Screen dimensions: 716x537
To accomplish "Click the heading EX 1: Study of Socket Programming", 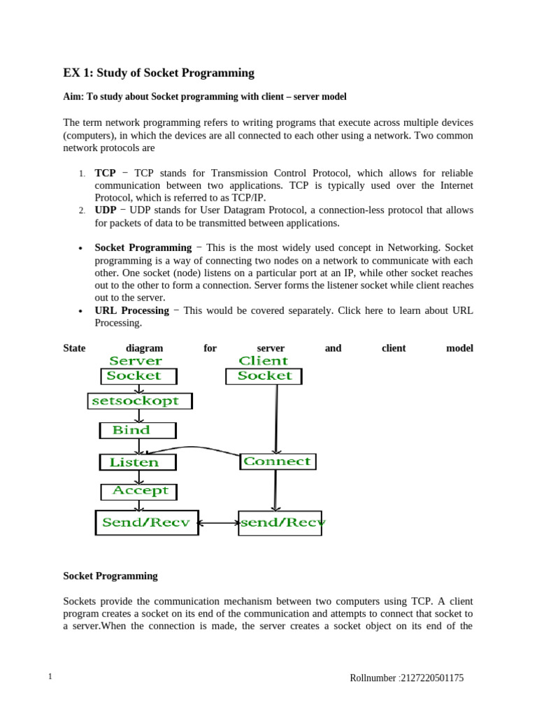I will click(x=159, y=73).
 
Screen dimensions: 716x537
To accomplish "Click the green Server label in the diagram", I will click(x=136, y=361).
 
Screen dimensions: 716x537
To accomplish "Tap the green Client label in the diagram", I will click(x=263, y=361).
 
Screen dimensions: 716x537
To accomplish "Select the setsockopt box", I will click(x=140, y=401).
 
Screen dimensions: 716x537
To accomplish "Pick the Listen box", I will click(x=138, y=462).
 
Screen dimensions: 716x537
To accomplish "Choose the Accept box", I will click(x=139, y=491).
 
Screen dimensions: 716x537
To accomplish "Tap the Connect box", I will click(x=278, y=461).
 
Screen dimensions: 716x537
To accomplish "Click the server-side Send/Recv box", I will click(x=146, y=522).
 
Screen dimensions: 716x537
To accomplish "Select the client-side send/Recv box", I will click(x=280, y=522).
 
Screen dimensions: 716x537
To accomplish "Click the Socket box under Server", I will click(x=138, y=376).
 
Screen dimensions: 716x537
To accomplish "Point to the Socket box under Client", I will click(x=264, y=376).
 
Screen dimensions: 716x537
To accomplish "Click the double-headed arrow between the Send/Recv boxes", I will click(x=218, y=522).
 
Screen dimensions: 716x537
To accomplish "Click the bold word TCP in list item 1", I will click(x=105, y=173).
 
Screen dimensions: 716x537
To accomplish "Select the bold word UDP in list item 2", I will click(x=106, y=210).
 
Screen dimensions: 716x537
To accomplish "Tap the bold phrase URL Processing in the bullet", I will click(x=131, y=310).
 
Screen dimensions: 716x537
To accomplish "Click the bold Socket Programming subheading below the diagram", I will click(x=110, y=576).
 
